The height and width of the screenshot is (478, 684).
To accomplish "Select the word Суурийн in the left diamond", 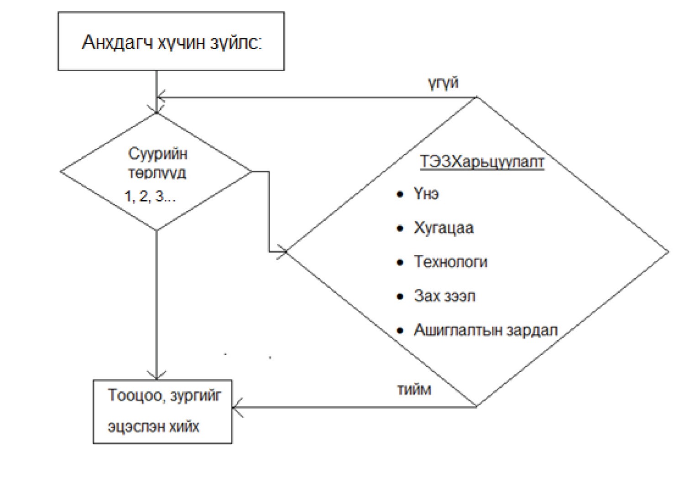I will click(158, 154).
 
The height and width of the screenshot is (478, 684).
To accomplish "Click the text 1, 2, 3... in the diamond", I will click(150, 196).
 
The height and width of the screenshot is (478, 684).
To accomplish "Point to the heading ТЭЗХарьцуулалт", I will click(482, 161).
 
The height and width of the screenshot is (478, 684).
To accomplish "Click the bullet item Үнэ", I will click(427, 194).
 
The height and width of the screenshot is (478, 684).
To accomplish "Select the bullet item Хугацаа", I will click(444, 228).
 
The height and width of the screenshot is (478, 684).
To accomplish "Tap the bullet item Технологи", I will click(450, 262).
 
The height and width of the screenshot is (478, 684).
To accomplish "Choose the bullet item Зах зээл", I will click(444, 296).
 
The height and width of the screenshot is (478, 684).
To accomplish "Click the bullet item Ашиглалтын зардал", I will click(486, 330).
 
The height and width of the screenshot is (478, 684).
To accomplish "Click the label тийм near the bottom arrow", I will click(414, 390).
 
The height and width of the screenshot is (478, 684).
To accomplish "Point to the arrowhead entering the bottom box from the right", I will click(237, 407).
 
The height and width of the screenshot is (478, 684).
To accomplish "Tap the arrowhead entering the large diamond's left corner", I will click(282, 251).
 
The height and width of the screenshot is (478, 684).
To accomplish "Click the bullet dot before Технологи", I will click(400, 262).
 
